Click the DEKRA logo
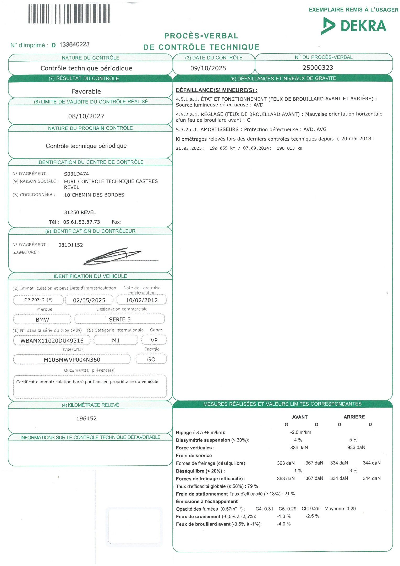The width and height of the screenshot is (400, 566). click(x=354, y=26)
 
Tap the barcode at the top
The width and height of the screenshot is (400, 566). click(x=69, y=14)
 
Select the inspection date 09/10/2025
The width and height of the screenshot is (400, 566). click(x=208, y=68)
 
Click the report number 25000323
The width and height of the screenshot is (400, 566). click(x=318, y=68)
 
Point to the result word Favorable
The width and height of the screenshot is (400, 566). click(x=86, y=91)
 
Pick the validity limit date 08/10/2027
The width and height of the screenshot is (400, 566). click(x=86, y=116)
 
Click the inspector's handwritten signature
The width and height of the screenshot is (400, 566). click(x=115, y=256)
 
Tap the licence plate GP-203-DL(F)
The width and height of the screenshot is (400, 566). click(x=39, y=300)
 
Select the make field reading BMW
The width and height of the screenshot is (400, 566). click(x=42, y=319)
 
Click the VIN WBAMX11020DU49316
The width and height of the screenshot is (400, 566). click(x=52, y=340)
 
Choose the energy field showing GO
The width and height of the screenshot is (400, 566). click(x=151, y=359)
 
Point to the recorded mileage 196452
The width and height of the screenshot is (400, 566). click(x=86, y=418)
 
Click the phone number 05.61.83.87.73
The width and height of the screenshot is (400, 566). click(x=81, y=222)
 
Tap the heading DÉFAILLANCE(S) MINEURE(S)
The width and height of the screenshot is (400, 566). click(x=216, y=90)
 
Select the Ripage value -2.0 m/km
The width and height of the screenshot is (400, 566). click(x=300, y=432)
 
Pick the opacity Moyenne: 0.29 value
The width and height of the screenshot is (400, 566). click(x=340, y=509)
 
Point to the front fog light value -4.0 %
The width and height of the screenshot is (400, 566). click(x=284, y=524)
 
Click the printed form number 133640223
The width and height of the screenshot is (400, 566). click(x=74, y=45)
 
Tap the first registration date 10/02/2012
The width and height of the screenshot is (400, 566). click(x=141, y=300)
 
